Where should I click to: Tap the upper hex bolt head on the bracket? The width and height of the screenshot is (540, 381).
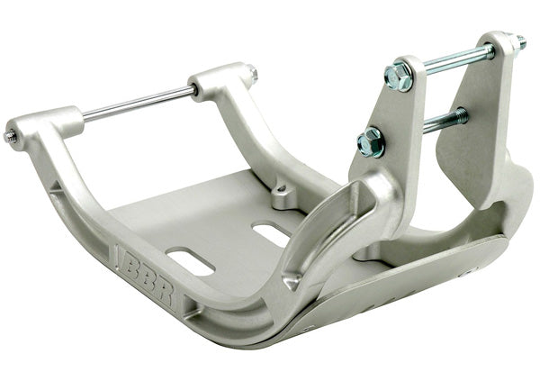[399, 76]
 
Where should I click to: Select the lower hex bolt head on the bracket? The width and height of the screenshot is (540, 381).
[371, 141]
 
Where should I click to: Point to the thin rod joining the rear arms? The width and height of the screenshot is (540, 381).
[139, 103]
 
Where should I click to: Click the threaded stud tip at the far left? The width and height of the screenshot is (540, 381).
[10, 136]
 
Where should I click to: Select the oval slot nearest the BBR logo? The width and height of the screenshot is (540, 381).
[190, 261]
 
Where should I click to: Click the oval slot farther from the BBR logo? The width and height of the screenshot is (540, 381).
[272, 233]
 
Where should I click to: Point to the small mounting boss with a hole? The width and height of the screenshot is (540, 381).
[283, 195]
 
